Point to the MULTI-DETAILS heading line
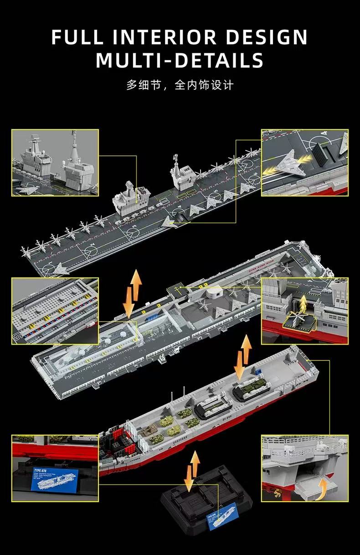tap(180, 60)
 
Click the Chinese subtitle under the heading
tap(180, 85)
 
